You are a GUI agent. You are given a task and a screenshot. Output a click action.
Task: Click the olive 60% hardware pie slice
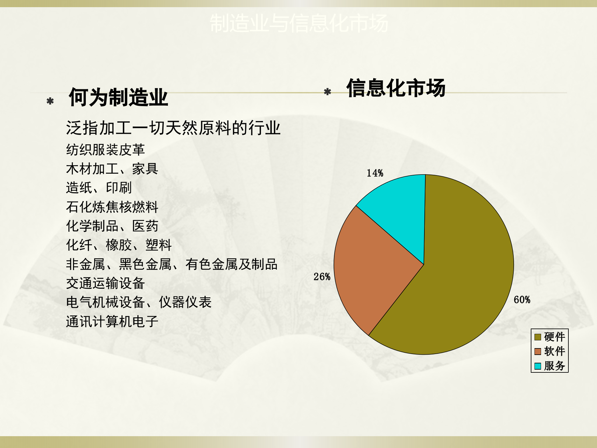point(460,274)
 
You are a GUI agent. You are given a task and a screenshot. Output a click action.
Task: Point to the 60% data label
point(522,300)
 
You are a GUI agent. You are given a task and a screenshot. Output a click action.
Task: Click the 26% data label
point(322,277)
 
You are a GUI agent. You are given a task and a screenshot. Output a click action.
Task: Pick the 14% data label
point(375,173)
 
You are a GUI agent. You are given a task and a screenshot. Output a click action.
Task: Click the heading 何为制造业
point(118,97)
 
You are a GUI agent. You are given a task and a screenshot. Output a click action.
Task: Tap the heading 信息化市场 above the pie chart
point(396,88)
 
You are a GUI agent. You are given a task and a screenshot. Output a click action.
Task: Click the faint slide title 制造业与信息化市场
point(298,23)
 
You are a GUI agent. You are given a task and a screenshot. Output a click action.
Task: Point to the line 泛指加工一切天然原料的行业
point(173,128)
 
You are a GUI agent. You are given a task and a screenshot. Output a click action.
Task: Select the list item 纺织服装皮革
point(105,150)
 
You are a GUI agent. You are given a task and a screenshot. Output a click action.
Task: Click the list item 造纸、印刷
point(99,188)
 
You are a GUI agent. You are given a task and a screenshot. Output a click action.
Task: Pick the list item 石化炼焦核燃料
point(112,207)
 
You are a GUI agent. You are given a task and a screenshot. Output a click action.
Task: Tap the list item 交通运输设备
point(105,283)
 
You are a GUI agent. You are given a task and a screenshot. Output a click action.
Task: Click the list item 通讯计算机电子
point(112,321)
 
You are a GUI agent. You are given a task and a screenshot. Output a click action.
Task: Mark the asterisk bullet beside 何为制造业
point(50,101)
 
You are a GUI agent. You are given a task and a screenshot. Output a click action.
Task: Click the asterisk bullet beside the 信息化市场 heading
point(327,92)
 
